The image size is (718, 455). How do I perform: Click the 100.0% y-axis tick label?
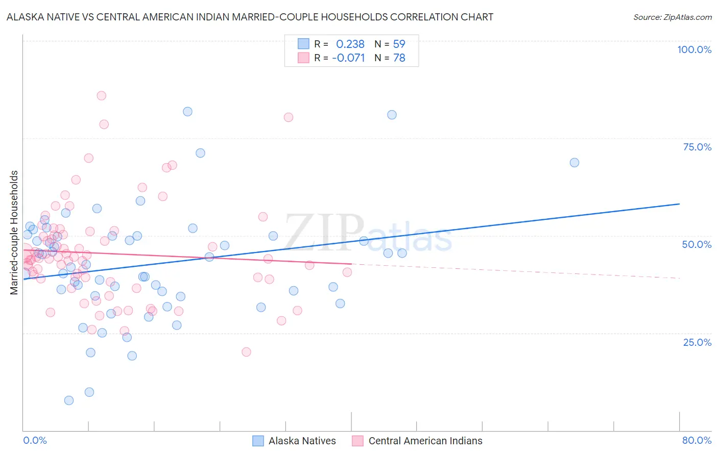click(694, 49)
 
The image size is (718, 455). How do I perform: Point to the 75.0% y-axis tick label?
click(697, 147)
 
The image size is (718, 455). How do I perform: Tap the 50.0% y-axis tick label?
click(697, 244)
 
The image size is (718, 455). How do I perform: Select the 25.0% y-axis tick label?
click(697, 342)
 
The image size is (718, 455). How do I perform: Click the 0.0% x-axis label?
click(35, 440)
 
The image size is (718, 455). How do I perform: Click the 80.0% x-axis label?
click(697, 440)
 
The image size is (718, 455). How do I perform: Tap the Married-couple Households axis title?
click(14, 233)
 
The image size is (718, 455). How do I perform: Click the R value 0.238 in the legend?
click(350, 44)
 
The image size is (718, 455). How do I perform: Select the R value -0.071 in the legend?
click(348, 58)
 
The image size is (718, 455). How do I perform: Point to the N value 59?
click(399, 44)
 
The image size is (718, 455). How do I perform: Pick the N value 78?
click(399, 58)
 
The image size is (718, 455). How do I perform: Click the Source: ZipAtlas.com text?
click(672, 17)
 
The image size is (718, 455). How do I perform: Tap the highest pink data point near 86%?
click(101, 96)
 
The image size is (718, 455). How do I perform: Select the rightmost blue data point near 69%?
click(575, 163)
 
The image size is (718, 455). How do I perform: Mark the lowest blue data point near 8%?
click(69, 400)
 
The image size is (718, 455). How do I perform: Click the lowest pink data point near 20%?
click(246, 352)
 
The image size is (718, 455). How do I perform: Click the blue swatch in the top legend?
click(303, 44)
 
